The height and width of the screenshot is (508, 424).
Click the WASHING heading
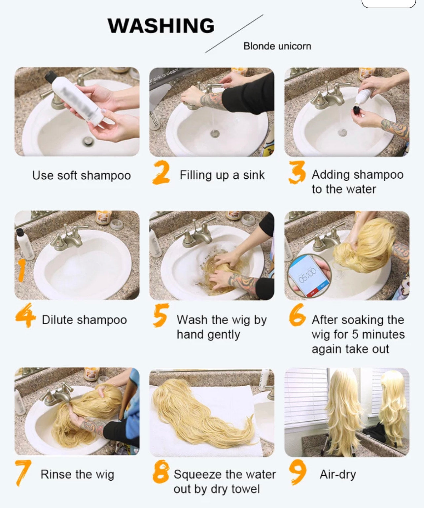(x=161, y=25)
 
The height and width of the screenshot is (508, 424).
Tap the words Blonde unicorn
(x=277, y=46)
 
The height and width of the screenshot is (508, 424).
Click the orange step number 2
(x=161, y=172)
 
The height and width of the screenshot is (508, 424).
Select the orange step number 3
(x=297, y=172)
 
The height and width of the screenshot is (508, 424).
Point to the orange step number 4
(x=25, y=315)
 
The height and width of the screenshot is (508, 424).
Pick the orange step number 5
(x=161, y=315)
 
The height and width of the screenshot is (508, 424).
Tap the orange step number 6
(x=297, y=315)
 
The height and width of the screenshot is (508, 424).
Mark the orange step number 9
(x=298, y=472)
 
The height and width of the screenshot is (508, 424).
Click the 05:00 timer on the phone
(x=307, y=276)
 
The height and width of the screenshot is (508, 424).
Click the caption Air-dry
(x=338, y=474)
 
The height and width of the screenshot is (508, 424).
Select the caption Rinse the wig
(x=77, y=474)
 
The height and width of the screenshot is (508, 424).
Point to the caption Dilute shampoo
(x=84, y=320)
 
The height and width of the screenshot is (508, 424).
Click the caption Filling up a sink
(x=222, y=175)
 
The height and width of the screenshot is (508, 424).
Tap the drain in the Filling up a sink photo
(x=215, y=133)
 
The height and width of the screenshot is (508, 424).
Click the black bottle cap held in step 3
(x=356, y=112)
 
